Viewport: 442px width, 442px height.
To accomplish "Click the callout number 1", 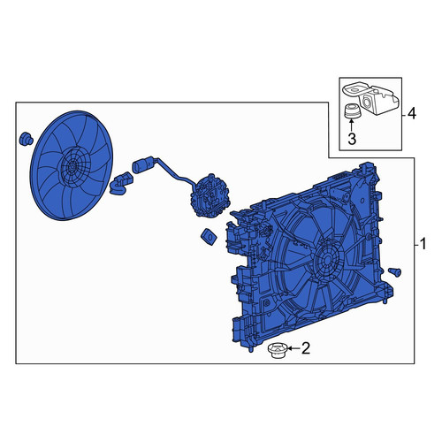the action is point(423,244).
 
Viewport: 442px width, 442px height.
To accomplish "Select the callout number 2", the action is point(306,348).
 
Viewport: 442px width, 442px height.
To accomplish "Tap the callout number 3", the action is point(352,139).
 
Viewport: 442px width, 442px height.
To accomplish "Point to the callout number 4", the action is point(412,114).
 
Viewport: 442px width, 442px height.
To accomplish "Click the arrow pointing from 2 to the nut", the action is point(293,348).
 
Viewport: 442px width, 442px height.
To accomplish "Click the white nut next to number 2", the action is point(278,350).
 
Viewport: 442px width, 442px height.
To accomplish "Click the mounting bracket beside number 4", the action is point(370,99).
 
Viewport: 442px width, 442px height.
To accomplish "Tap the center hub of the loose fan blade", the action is point(72,166).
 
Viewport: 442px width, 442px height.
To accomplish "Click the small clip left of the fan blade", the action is point(26,139).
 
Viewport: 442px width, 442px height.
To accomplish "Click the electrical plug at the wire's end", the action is point(142,165).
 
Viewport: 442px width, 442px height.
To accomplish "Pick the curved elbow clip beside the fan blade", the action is point(121,183).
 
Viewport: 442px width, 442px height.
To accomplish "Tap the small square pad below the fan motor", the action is point(209,236).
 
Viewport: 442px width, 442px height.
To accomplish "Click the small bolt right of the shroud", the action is point(394,271).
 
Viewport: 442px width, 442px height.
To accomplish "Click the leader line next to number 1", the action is point(417,245).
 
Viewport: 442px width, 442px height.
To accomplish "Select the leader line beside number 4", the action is point(404,114).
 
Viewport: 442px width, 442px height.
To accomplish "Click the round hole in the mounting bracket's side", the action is point(367,103).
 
